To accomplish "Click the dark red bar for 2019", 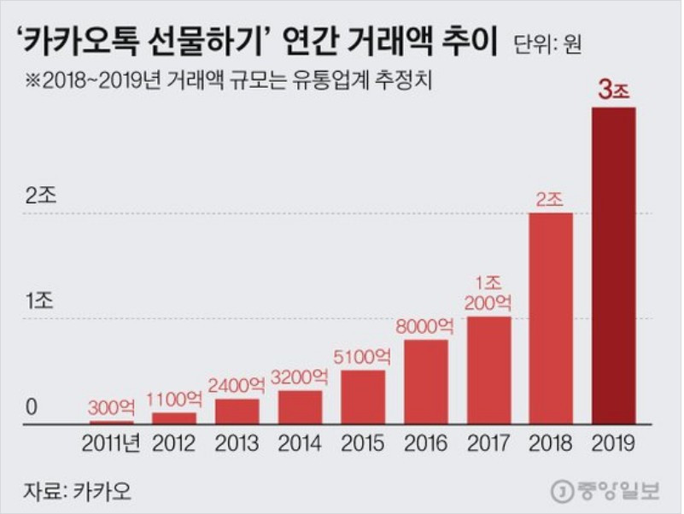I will coord(614,265).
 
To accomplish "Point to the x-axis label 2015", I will coord(362,442).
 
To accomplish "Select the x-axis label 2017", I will coord(488,442).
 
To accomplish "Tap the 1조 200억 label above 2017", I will coord(488,293).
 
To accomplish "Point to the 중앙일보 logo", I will coord(610,491).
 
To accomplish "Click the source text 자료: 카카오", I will coord(72,491).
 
